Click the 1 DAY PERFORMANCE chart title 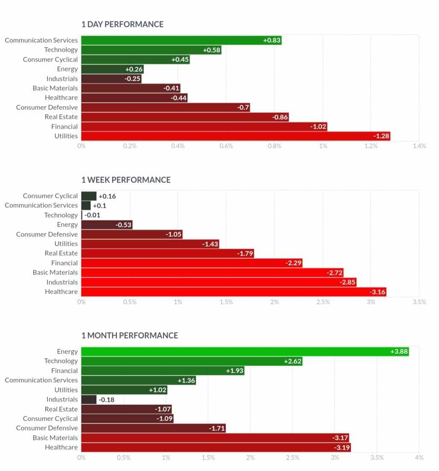tap(123, 24)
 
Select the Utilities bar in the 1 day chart tap(235, 136)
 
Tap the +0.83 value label tap(272, 40)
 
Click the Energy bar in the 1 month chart tap(245, 352)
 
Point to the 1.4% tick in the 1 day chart tap(420, 146)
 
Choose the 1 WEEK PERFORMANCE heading tap(126, 180)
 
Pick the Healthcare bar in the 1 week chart tap(234, 292)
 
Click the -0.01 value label tap(92, 215)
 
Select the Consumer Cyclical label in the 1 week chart tap(50, 196)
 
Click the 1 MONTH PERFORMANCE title tap(130, 336)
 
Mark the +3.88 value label tap(399, 352)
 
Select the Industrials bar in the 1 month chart tap(89, 400)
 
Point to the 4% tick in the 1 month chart tap(419, 457)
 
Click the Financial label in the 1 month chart tap(64, 371)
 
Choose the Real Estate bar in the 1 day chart tap(185, 117)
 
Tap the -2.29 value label tap(293, 263)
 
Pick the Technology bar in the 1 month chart tap(192, 361)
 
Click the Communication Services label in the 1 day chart tap(41, 40)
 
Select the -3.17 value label tap(340, 438)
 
